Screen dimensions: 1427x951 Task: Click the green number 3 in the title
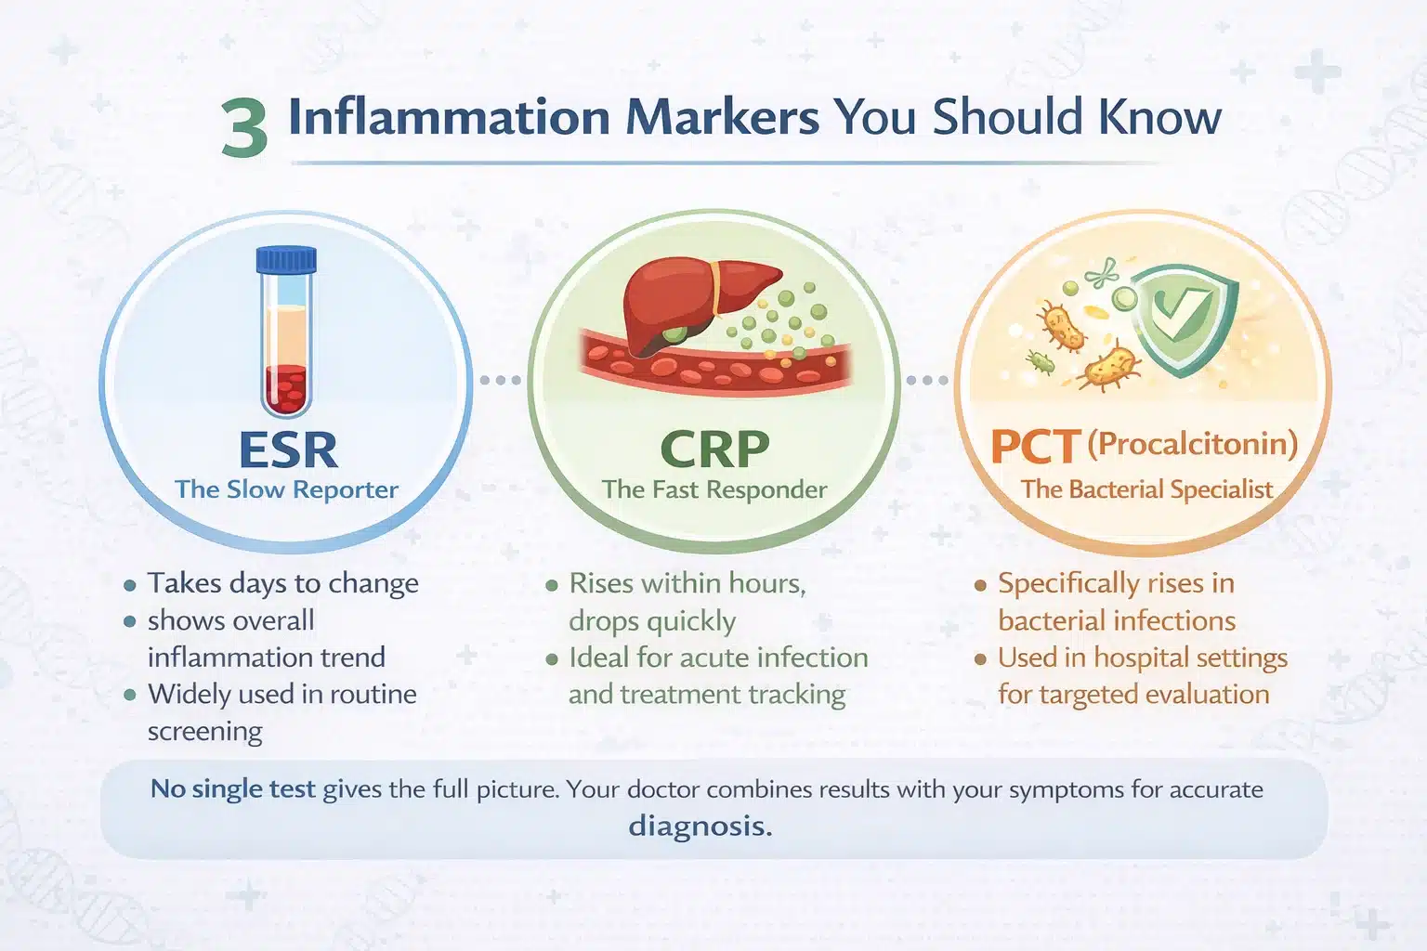[244, 127]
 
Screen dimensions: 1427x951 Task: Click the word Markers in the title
[722, 117]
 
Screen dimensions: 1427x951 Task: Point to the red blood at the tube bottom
[286, 390]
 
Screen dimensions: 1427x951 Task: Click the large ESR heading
[288, 449]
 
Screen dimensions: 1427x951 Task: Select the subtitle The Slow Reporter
[287, 489]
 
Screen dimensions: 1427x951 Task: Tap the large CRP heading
[714, 449]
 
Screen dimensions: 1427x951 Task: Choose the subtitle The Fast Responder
[714, 489]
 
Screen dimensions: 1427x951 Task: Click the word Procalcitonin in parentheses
[1193, 443]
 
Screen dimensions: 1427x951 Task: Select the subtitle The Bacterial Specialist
[1146, 489]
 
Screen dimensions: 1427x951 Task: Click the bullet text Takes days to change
[282, 583]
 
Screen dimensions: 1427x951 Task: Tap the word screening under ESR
[204, 731]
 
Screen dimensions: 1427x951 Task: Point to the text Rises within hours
[687, 583]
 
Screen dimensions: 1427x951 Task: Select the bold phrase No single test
[233, 789]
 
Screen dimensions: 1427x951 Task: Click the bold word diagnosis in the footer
[700, 827]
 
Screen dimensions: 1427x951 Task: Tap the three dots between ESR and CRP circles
[500, 380]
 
